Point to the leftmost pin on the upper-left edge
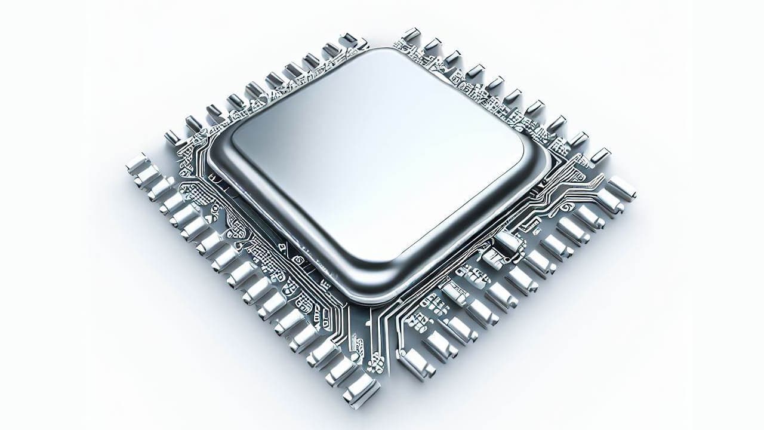(x=172, y=137)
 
